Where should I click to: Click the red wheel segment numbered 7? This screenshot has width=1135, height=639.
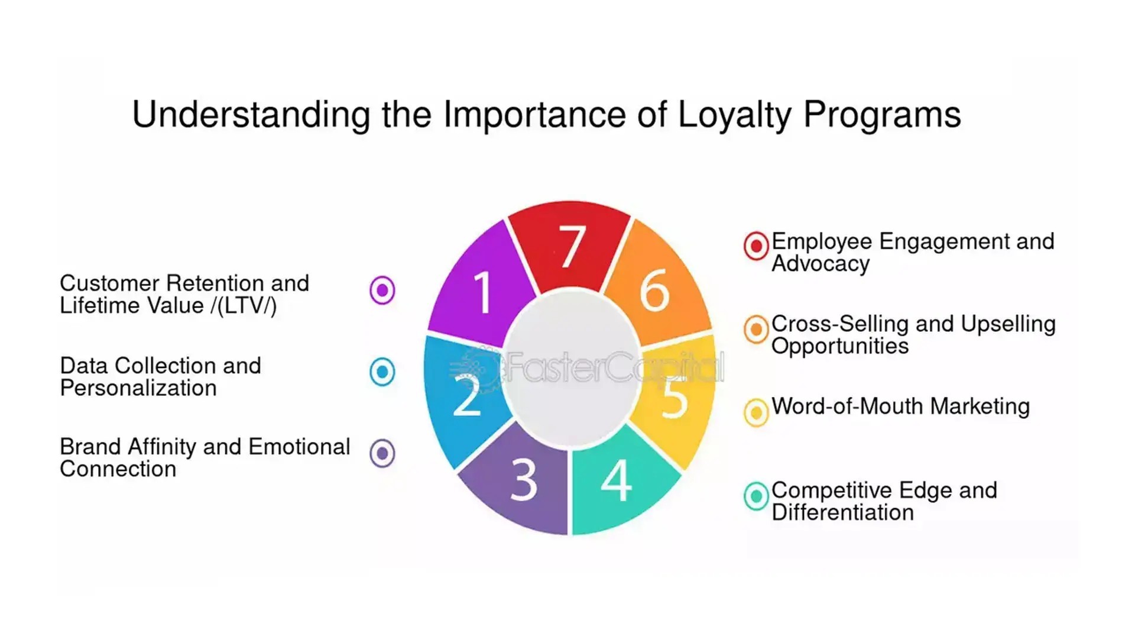pyautogui.click(x=569, y=246)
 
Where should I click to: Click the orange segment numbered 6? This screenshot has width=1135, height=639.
pyautogui.click(x=656, y=287)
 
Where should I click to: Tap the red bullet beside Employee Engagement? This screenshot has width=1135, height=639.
pyautogui.click(x=756, y=246)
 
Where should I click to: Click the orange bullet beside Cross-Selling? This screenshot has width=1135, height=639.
pyautogui.click(x=756, y=330)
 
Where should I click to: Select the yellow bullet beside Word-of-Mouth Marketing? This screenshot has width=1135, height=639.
pyautogui.click(x=756, y=412)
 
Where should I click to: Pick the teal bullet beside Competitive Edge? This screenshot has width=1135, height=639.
pyautogui.click(x=756, y=496)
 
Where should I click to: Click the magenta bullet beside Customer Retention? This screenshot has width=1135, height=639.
pyautogui.click(x=382, y=291)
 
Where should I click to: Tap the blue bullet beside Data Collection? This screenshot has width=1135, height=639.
pyautogui.click(x=382, y=372)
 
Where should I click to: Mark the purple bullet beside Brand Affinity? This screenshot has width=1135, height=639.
pyautogui.click(x=382, y=454)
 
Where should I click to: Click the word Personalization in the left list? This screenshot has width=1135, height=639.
pyautogui.click(x=138, y=388)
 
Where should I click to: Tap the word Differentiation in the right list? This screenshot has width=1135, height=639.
pyautogui.click(x=843, y=512)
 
